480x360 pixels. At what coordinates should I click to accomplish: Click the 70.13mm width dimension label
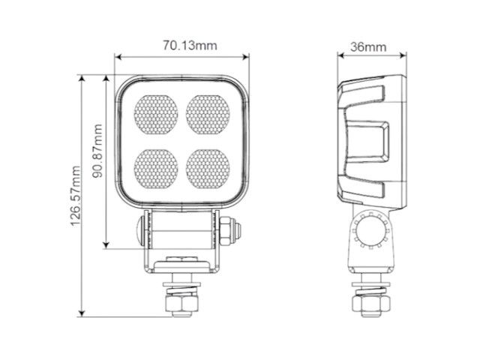coord(190,46)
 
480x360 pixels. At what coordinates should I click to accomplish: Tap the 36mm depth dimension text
coord(368,46)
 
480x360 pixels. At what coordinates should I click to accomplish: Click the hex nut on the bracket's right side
coord(229,230)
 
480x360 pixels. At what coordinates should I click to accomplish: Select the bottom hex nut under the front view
coord(181,304)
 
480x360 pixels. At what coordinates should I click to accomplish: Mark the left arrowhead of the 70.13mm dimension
coord(118,57)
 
